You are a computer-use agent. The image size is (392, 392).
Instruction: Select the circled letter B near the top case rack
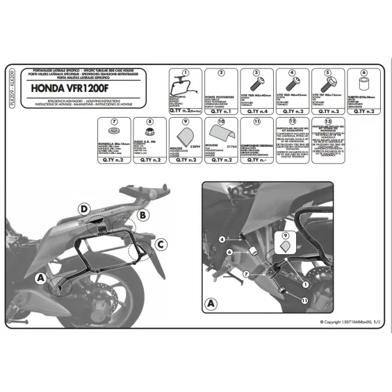(x=143, y=214)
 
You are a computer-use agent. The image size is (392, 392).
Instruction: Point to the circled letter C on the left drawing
(x=160, y=244)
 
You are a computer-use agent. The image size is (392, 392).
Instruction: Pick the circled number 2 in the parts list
(x=221, y=73)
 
